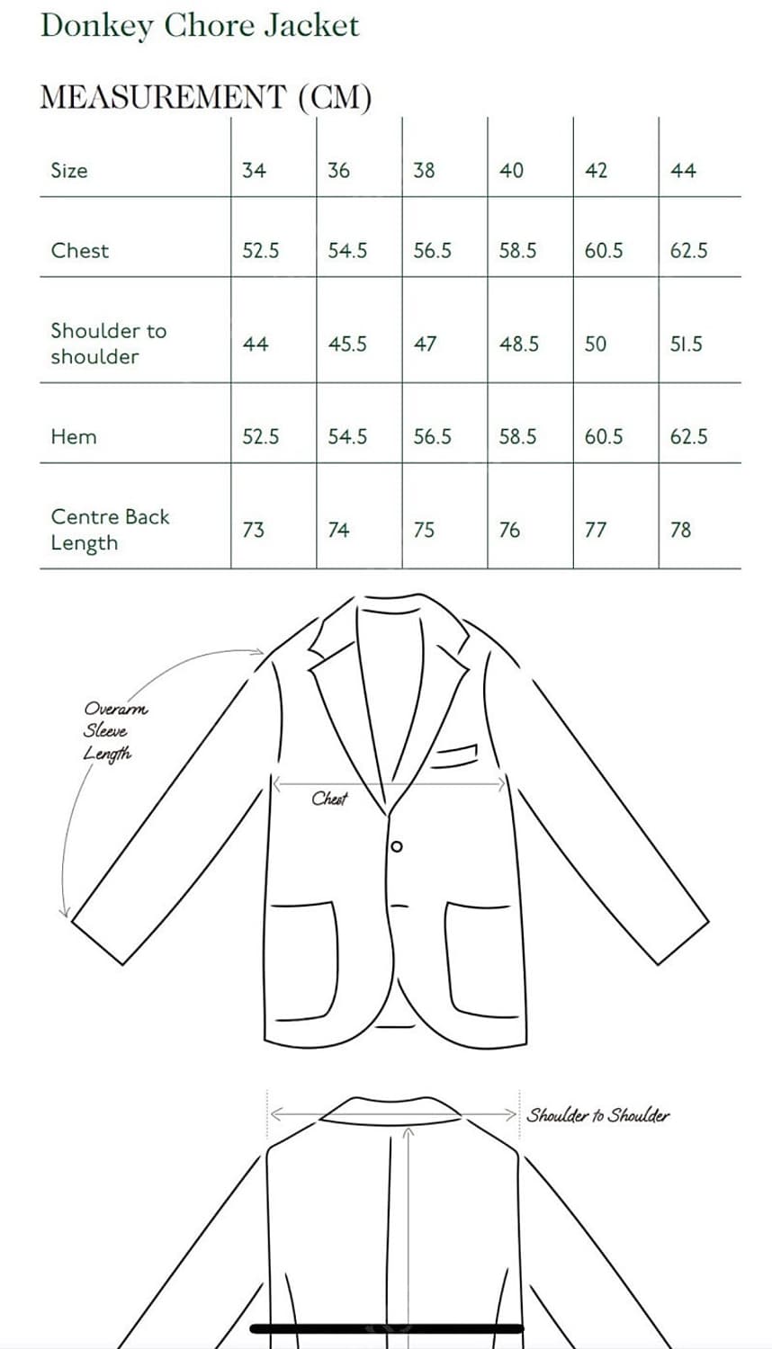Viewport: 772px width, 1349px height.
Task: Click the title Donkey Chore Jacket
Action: pyautogui.click(x=200, y=25)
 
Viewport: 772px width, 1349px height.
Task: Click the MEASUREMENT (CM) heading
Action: pyautogui.click(x=205, y=96)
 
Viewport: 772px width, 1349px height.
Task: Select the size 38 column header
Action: pyautogui.click(x=424, y=170)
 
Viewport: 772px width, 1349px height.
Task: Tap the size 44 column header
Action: pyautogui.click(x=683, y=170)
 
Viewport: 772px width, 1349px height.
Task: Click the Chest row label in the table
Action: pyautogui.click(x=80, y=250)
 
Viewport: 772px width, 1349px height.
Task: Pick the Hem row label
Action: pyautogui.click(x=74, y=437)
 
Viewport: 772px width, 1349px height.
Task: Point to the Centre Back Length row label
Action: pyautogui.click(x=110, y=530)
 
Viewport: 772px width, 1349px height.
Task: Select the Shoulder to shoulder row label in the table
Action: pyautogui.click(x=108, y=344)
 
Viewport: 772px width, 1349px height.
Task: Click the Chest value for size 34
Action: pyautogui.click(x=260, y=251)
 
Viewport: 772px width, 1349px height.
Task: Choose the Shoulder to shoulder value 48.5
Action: pyautogui.click(x=519, y=344)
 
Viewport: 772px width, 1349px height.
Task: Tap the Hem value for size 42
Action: pyautogui.click(x=603, y=437)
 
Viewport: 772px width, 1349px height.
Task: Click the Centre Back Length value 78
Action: pyautogui.click(x=681, y=530)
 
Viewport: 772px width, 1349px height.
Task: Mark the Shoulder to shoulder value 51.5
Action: pyautogui.click(x=686, y=344)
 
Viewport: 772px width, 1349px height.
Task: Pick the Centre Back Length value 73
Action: pyautogui.click(x=254, y=530)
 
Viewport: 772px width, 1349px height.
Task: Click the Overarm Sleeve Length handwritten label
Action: pyautogui.click(x=112, y=731)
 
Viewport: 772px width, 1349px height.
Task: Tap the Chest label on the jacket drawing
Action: pyautogui.click(x=329, y=799)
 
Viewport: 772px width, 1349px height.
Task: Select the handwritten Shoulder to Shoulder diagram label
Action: pyautogui.click(x=598, y=1115)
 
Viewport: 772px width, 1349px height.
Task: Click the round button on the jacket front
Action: pyautogui.click(x=397, y=846)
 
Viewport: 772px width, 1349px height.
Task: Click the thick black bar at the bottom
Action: pyautogui.click(x=387, y=1328)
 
